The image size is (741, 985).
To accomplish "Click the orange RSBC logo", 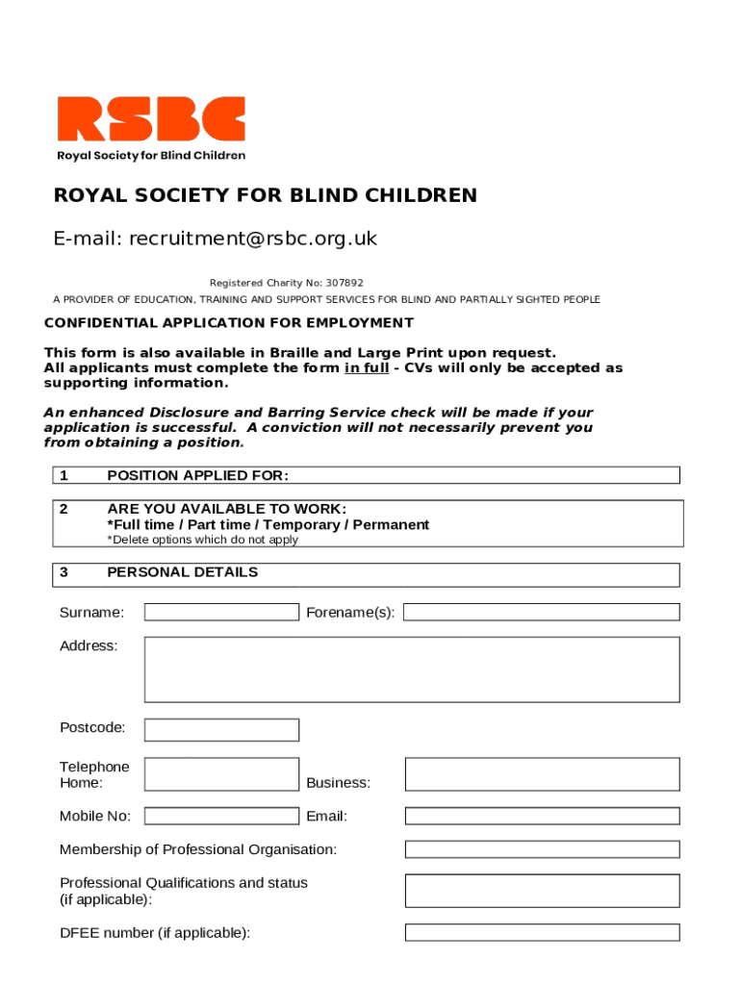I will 151,118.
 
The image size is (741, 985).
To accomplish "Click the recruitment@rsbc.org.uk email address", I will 253,239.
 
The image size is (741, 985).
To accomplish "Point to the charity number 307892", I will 345,283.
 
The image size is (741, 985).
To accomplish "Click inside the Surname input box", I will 221,613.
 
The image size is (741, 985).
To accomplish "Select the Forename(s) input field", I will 542,613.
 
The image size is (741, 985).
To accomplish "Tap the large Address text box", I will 412,669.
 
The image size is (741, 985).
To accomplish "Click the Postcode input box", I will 221,730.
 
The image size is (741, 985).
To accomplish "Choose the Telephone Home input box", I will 221,774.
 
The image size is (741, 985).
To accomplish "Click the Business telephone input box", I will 542,774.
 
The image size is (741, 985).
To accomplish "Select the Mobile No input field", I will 221,817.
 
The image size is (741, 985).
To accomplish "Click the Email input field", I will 542,817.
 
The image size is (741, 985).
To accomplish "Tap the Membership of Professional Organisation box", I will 542,850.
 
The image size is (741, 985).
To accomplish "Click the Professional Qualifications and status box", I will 542,891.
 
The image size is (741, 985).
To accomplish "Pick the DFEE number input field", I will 542,932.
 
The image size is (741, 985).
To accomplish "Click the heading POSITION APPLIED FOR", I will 197,475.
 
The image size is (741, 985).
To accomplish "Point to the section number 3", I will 64,572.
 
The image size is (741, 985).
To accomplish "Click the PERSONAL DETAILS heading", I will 182,572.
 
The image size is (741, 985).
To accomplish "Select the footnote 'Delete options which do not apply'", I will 202,540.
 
